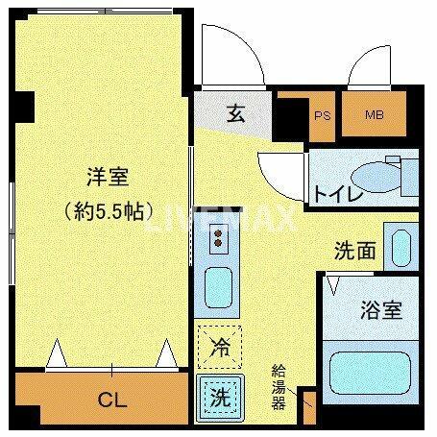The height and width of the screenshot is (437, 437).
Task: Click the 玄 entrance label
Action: pyautogui.click(x=235, y=113)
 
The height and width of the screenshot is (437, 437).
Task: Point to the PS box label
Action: pyautogui.click(x=322, y=116)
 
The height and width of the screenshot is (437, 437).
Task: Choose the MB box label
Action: pyautogui.click(x=374, y=116)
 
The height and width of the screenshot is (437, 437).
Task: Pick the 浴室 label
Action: pyautogui.click(x=380, y=311)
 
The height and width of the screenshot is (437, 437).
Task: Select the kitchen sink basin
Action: pyautogui.click(x=218, y=286)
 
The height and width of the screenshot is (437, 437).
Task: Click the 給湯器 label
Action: pyautogui.click(x=279, y=386)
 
